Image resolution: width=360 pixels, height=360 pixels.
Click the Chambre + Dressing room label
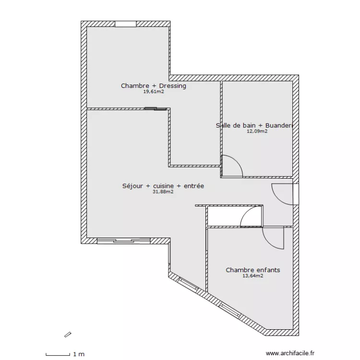click(154, 86)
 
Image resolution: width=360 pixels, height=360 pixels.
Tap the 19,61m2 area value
click(154, 92)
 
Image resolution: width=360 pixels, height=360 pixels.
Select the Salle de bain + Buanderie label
click(254, 125)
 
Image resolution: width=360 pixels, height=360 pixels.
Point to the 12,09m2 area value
click(257, 132)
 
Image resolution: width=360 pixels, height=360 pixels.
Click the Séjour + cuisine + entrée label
click(163, 186)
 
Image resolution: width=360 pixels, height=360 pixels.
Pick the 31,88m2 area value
click(163, 192)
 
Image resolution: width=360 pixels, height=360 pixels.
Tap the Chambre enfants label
click(253, 270)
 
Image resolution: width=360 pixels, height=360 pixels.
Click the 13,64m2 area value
click(253, 276)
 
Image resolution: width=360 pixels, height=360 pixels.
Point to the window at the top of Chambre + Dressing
click(126, 24)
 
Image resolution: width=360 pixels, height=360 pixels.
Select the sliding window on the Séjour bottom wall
click(123, 240)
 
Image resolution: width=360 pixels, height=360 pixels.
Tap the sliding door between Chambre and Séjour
click(156, 108)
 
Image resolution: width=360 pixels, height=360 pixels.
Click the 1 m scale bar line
click(58, 355)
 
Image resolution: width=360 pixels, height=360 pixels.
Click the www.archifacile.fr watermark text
click(290, 353)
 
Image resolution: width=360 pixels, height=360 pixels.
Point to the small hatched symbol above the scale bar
click(68, 335)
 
